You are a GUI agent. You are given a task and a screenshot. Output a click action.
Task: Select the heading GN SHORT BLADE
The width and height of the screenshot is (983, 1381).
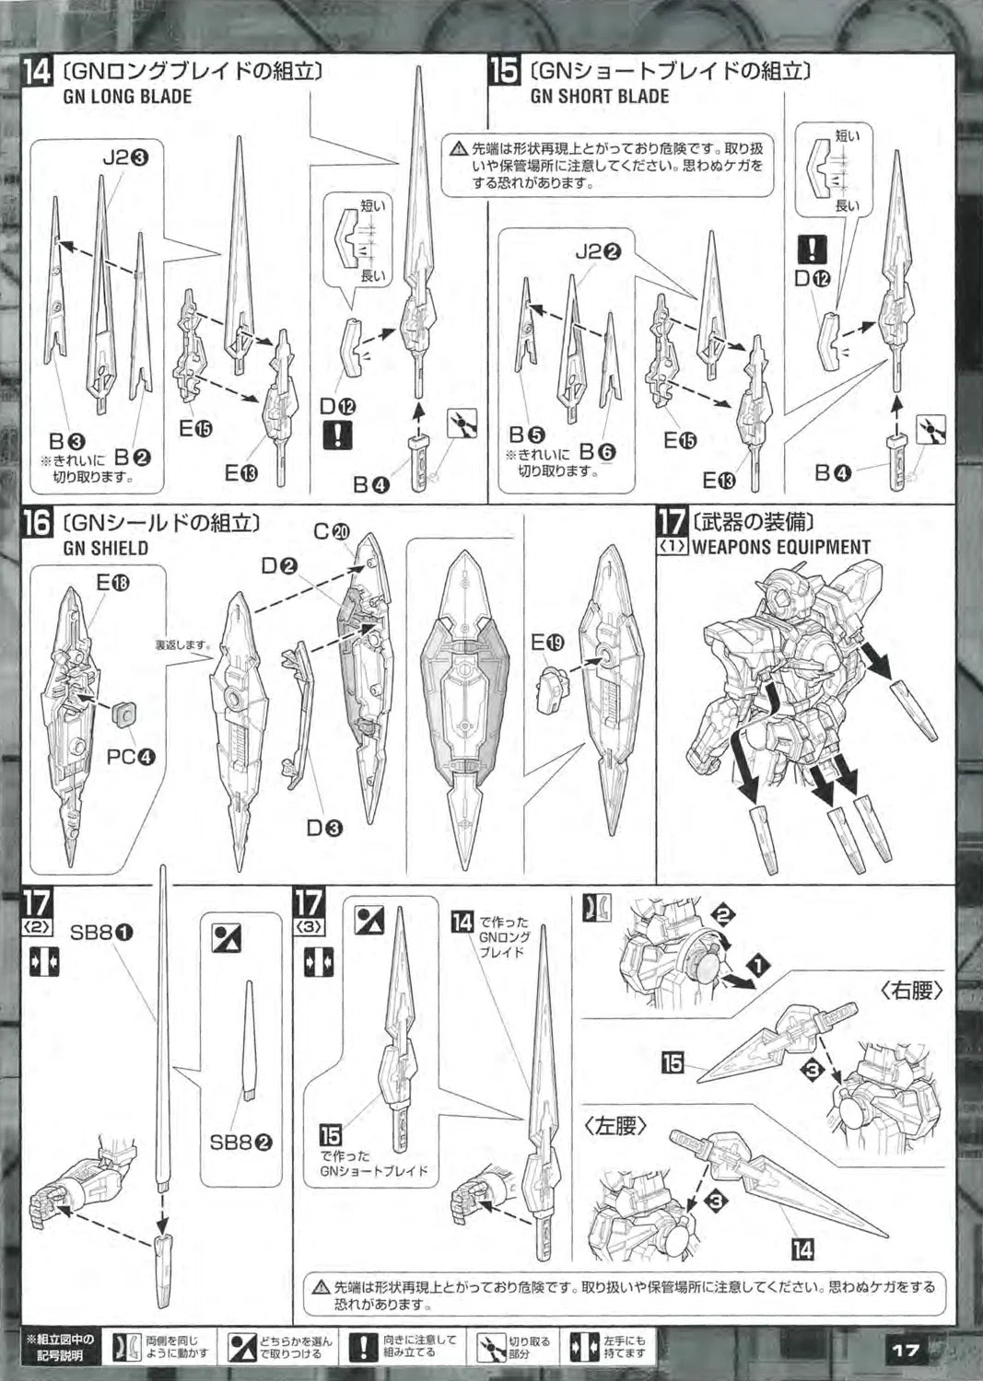tap(600, 97)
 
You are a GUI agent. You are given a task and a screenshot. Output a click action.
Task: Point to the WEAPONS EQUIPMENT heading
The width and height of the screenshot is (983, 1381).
tap(780, 547)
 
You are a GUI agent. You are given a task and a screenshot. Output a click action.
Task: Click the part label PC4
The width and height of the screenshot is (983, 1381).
tap(130, 757)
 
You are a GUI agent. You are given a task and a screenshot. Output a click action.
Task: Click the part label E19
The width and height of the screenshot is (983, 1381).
tap(546, 643)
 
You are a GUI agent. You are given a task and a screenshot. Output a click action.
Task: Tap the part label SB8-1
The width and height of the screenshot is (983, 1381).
tap(102, 933)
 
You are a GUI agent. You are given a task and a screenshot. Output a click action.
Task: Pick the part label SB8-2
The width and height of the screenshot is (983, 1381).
tap(240, 1143)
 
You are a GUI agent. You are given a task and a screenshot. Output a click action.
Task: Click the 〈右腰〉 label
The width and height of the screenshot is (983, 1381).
tap(909, 991)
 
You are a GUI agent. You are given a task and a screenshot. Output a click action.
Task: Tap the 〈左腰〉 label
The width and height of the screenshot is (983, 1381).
tap(614, 1125)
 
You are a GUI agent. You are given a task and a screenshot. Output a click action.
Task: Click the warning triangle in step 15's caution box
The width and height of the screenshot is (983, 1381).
tap(459, 147)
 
